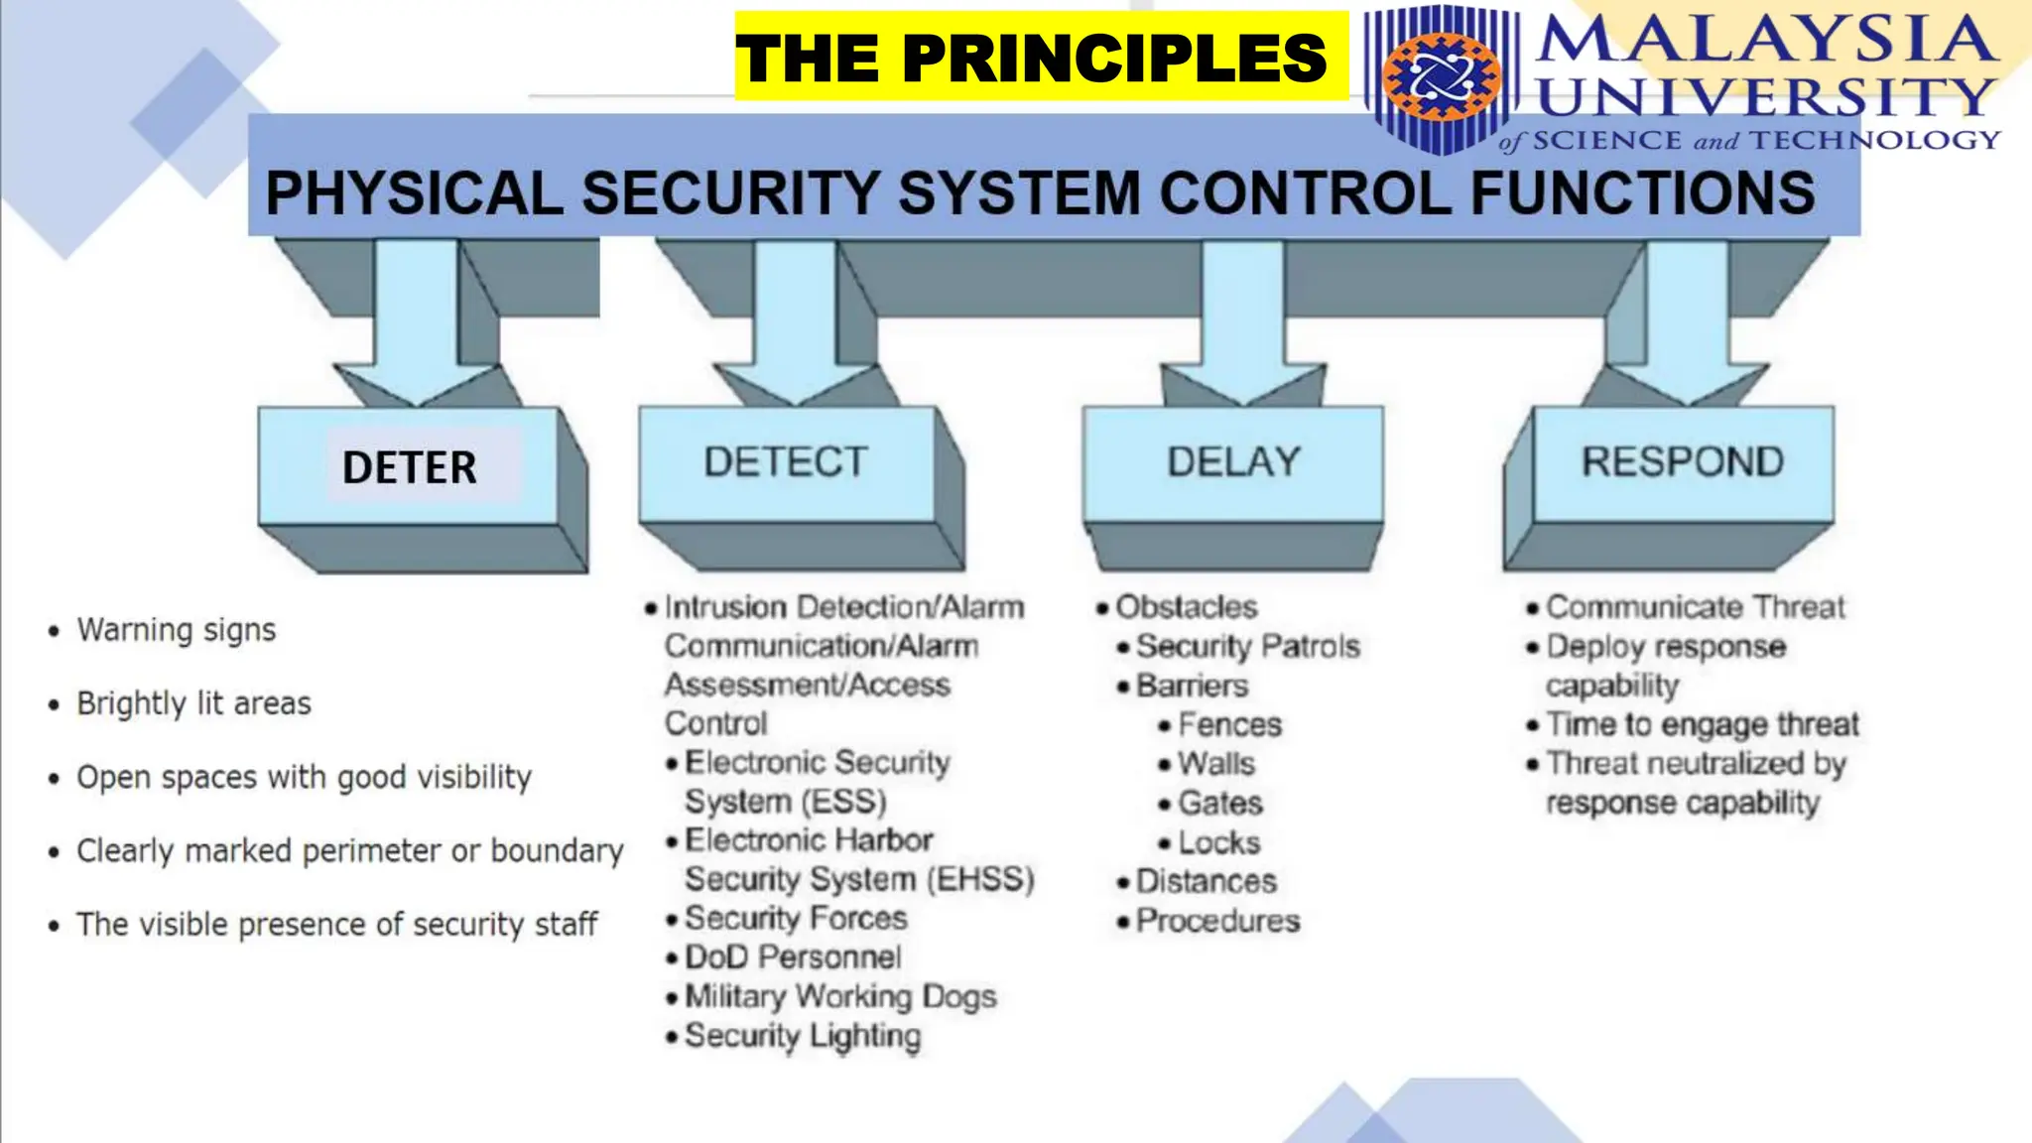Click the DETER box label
coord(409,466)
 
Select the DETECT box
coord(786,462)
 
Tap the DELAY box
coord(1232,462)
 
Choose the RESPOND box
coord(1683,462)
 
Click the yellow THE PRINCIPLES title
coord(1032,58)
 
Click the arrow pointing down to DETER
coord(416,327)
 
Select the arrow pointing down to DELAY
coord(1242,327)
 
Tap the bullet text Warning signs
coord(177,630)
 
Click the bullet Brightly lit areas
coord(193,703)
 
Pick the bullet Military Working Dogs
coord(839,996)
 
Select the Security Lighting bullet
coord(802,1036)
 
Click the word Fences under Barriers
coord(1229,725)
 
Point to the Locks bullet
coord(1218,842)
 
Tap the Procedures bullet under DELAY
coord(1217,921)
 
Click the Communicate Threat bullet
coord(1695,607)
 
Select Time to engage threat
coord(1702,724)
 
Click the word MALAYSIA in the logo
coord(1766,40)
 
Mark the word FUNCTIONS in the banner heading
coord(1642,193)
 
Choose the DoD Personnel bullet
coord(792,957)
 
